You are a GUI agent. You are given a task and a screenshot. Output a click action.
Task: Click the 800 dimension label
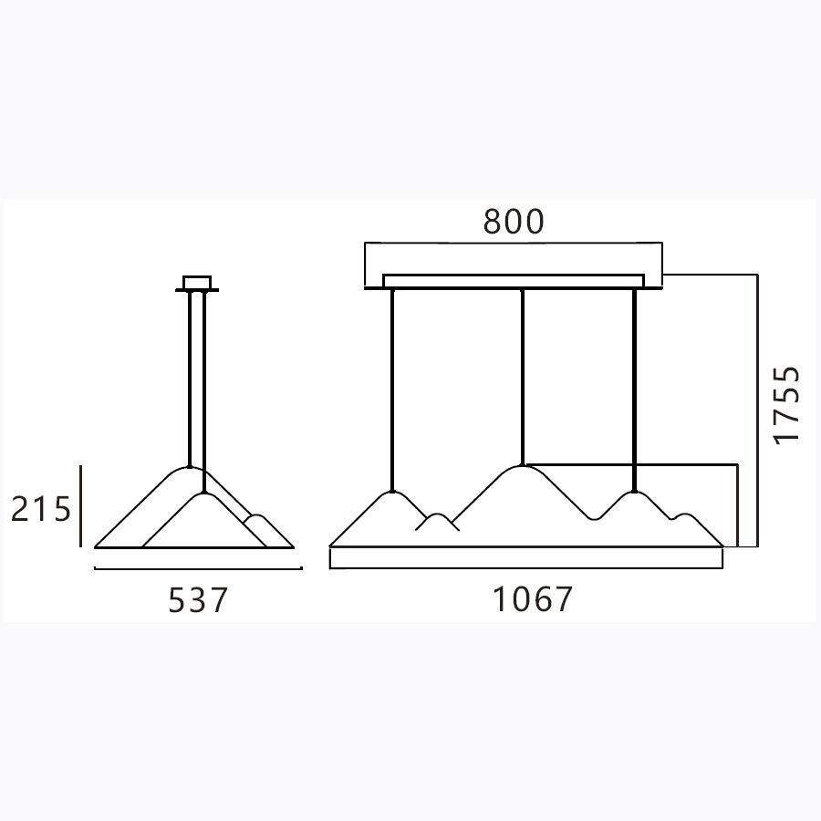pyautogui.click(x=514, y=222)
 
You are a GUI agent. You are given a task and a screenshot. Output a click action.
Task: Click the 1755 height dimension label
pyautogui.click(x=787, y=405)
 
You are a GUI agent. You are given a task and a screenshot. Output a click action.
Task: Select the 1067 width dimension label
pyautogui.click(x=534, y=599)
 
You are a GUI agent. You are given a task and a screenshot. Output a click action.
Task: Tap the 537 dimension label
pyautogui.click(x=199, y=600)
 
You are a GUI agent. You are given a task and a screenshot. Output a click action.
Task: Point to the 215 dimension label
pyautogui.click(x=41, y=509)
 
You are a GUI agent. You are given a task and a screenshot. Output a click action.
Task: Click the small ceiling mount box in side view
pyautogui.click(x=197, y=282)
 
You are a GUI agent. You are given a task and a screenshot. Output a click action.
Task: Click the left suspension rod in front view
pyautogui.click(x=392, y=390)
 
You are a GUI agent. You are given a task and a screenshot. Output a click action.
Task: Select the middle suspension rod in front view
pyautogui.click(x=522, y=377)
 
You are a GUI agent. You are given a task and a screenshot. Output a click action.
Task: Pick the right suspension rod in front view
pyautogui.click(x=635, y=390)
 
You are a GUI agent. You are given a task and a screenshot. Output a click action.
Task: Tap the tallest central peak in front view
pyautogui.click(x=522, y=466)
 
